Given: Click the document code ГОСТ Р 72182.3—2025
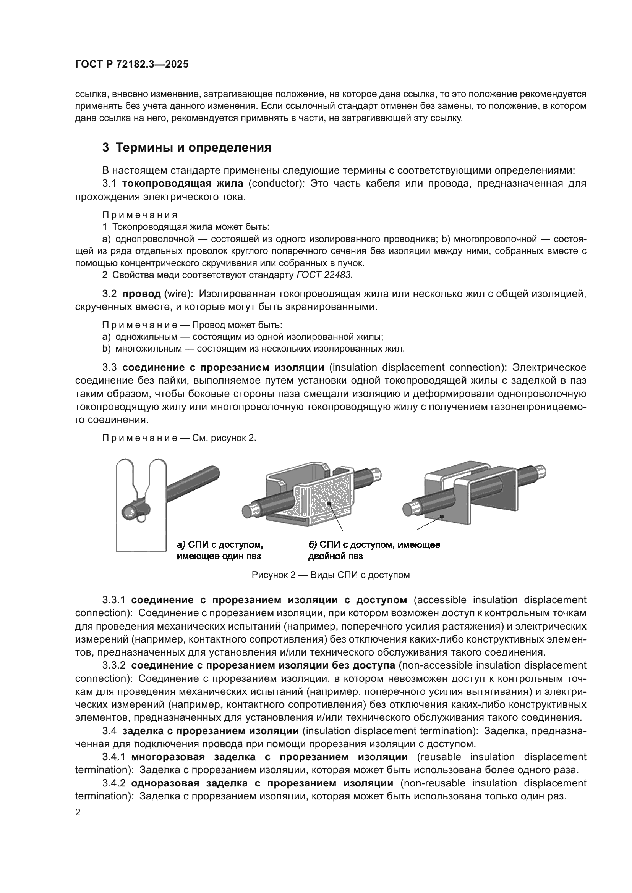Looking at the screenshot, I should point(131,65).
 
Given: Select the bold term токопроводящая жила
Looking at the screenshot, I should point(182,184).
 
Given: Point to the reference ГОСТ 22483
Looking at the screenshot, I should point(324,275).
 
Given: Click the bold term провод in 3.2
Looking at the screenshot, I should point(141,294).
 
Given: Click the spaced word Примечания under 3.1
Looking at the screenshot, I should point(140,215).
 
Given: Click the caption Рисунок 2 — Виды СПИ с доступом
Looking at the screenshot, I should point(331,575).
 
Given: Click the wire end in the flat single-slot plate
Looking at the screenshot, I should point(129,512).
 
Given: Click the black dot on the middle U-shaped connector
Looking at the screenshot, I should point(329,503).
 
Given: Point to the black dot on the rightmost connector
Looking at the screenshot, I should point(442,517).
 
